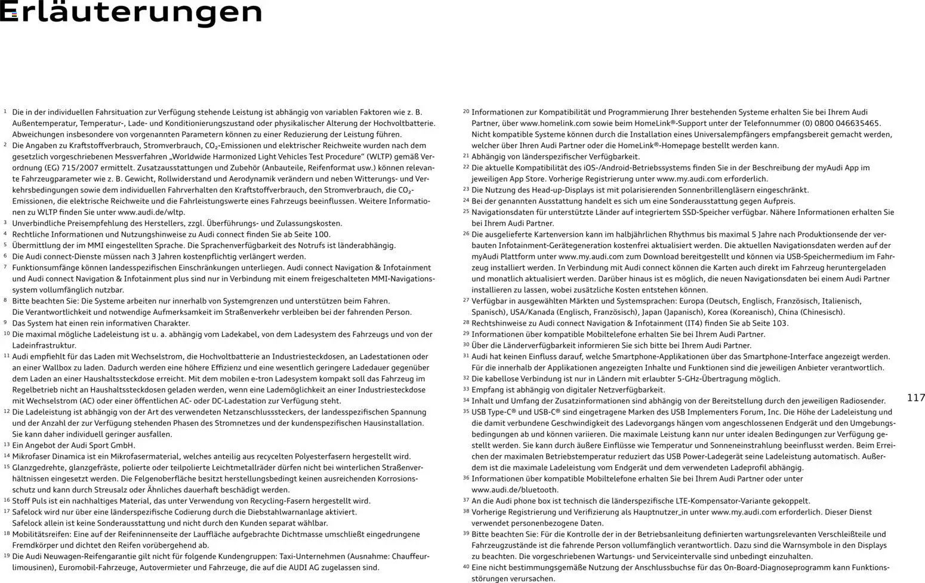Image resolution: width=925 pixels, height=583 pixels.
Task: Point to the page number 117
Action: [915, 398]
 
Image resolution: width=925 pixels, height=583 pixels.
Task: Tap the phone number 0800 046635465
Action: [847, 123]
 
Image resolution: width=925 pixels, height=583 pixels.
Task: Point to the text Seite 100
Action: [312, 234]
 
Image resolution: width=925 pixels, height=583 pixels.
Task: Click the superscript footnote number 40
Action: [466, 566]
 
